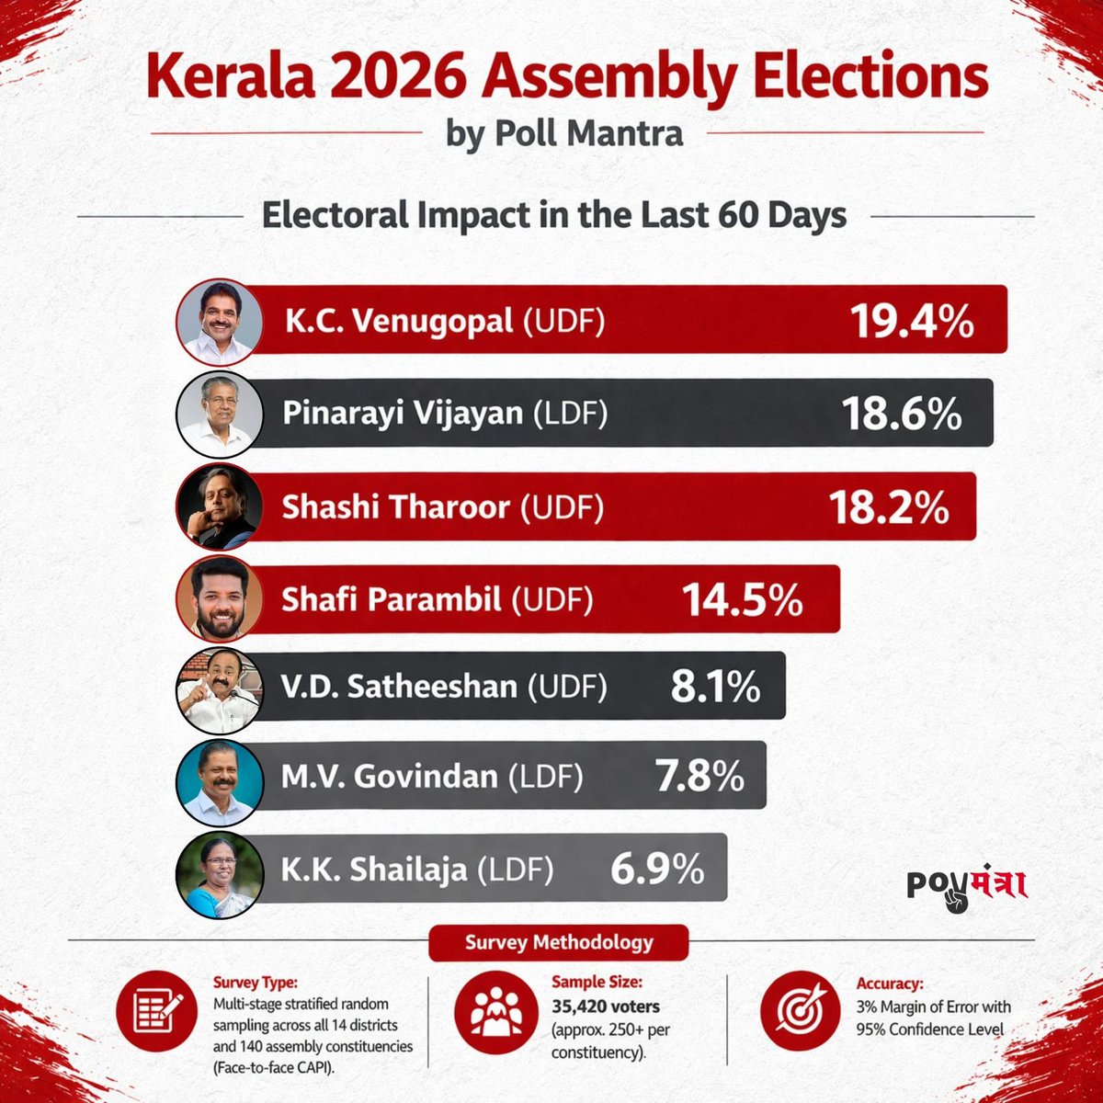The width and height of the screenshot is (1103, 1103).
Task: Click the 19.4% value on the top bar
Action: tap(910, 322)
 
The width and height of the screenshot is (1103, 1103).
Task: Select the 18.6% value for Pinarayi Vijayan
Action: tap(902, 415)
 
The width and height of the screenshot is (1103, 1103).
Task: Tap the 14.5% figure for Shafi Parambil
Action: tap(742, 600)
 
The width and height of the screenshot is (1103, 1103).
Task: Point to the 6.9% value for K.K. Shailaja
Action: tap(657, 868)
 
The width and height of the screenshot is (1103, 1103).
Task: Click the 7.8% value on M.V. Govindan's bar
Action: tap(699, 778)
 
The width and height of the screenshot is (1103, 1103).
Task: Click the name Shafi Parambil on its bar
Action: tap(392, 600)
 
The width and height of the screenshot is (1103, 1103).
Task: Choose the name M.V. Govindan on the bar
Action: tap(389, 778)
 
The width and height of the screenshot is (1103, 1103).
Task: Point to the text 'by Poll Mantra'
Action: tap(564, 133)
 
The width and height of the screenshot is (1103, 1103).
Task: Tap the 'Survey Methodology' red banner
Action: tap(559, 942)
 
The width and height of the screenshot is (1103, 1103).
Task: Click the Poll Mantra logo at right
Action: tap(966, 886)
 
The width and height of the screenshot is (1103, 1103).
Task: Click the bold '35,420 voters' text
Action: tap(606, 1006)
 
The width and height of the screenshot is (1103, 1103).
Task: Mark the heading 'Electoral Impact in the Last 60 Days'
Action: tap(554, 216)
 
